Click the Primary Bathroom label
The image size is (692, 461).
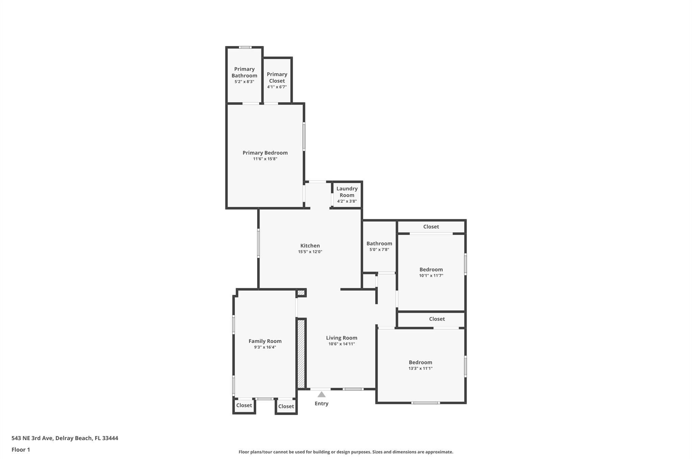point(244,72)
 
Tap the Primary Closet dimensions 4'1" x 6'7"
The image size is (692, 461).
point(277,87)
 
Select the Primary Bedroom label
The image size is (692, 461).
point(265,153)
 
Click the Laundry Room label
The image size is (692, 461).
point(347,192)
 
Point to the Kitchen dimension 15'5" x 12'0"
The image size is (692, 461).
point(310,252)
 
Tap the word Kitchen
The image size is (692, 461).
point(310,246)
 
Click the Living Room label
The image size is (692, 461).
point(342,338)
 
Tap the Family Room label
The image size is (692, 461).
point(265,341)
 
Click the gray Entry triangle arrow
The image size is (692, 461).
point(322,394)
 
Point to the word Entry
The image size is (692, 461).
point(322,404)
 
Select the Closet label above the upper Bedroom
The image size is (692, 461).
point(431,227)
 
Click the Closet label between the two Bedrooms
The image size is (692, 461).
point(437,319)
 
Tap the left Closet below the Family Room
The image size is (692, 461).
point(244,405)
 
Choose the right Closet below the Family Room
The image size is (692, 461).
point(286,406)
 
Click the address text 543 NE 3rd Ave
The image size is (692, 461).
point(32,438)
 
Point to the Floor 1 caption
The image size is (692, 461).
point(21,450)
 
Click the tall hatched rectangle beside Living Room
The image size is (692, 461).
point(301,354)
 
